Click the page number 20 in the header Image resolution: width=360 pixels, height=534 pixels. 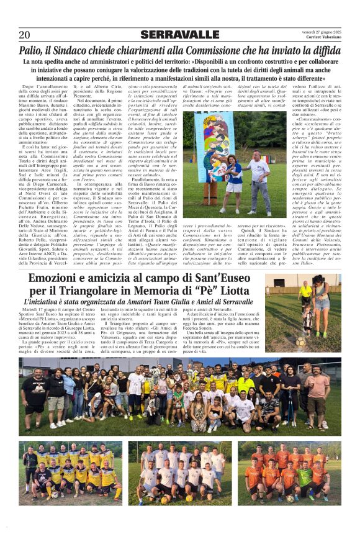(24, 35)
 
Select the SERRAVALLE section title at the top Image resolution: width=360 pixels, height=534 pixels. (179, 35)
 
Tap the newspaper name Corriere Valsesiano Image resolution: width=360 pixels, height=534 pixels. (323, 38)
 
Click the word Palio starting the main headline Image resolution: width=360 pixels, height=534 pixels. (32, 50)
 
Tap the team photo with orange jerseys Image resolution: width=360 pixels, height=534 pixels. (288, 472)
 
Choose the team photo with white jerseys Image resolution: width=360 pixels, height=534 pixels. (180, 472)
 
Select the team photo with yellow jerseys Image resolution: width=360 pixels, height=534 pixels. (71, 472)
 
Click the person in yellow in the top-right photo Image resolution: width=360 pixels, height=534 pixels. (305, 292)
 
